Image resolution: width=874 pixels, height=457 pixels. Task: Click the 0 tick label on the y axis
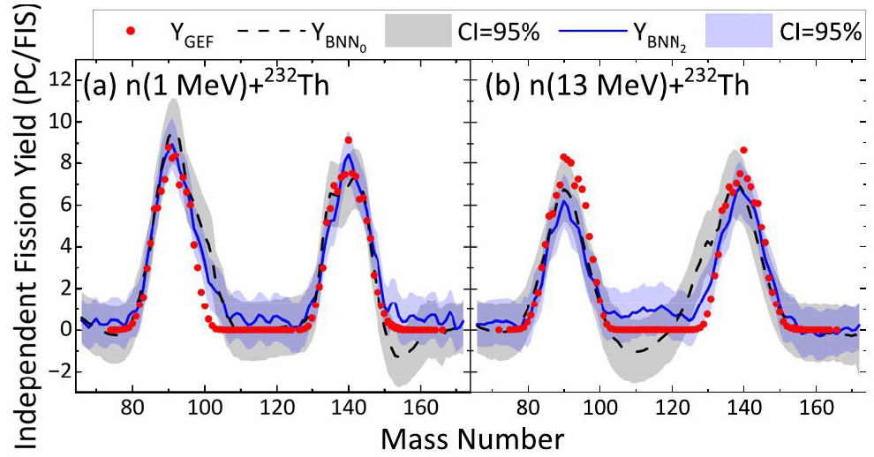click(x=63, y=329)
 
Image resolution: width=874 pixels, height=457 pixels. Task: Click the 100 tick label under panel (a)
click(x=205, y=409)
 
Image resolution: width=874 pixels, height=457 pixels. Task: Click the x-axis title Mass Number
click(x=467, y=438)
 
